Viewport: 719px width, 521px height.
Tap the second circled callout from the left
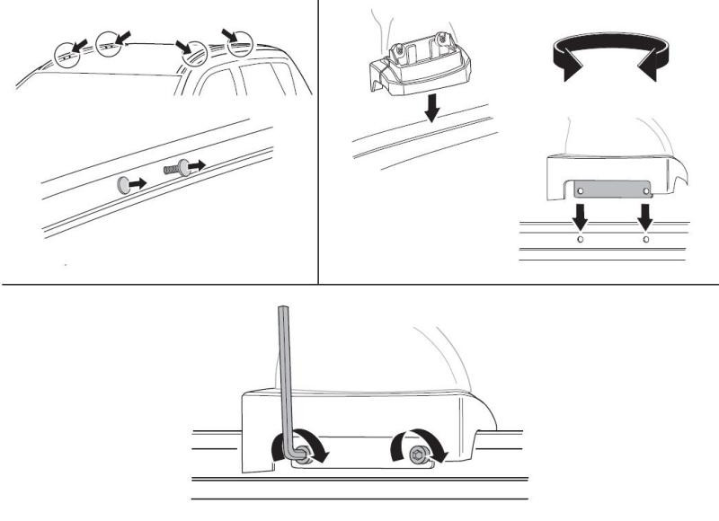click(x=110, y=42)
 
